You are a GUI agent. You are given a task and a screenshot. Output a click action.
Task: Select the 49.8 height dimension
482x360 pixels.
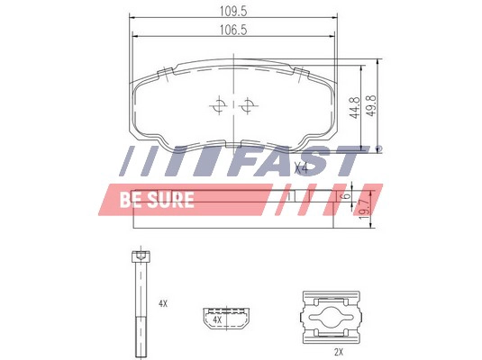coord(371,105)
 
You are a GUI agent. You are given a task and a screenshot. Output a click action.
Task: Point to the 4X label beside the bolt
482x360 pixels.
coord(163,304)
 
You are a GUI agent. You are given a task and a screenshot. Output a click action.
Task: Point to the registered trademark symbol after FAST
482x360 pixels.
coord(378,149)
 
